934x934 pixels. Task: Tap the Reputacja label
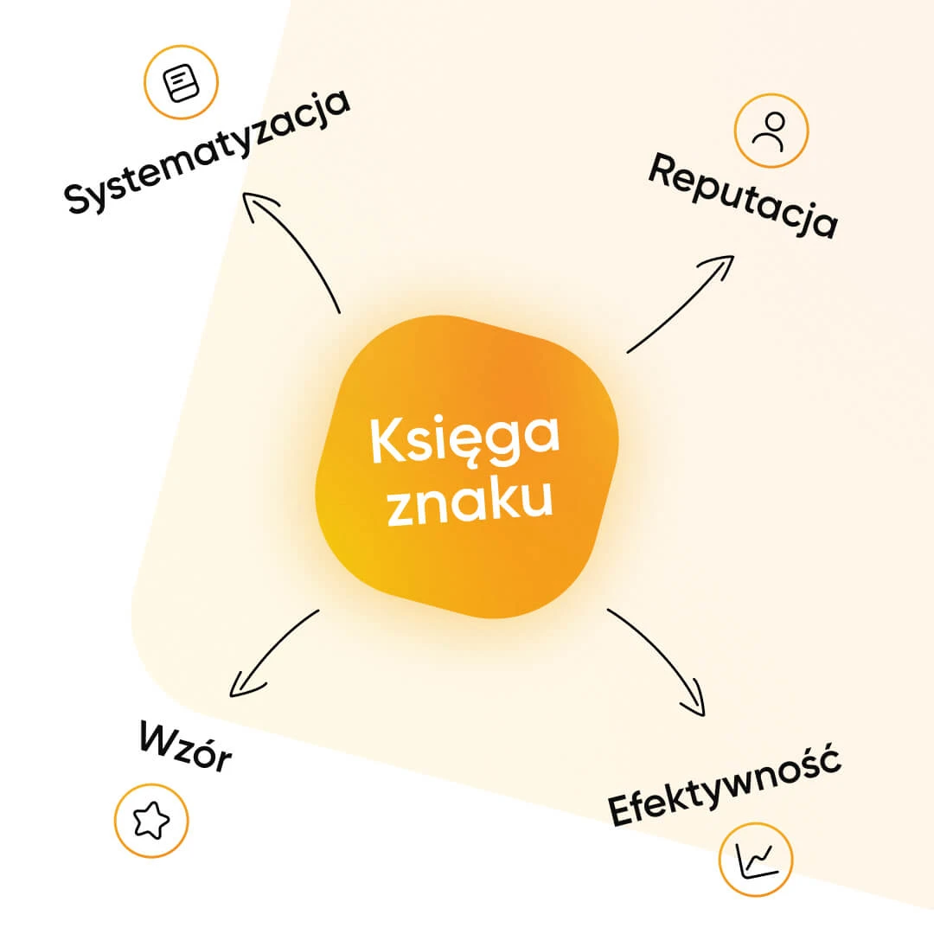click(742, 195)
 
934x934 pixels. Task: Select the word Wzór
click(185, 748)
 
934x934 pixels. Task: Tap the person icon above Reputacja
click(771, 130)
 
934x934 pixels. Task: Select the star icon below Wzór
click(151, 820)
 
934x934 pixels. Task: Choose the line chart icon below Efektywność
click(756, 859)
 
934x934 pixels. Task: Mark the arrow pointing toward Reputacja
click(679, 305)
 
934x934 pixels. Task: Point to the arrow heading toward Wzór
click(272, 650)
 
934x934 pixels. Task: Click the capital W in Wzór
click(157, 739)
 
